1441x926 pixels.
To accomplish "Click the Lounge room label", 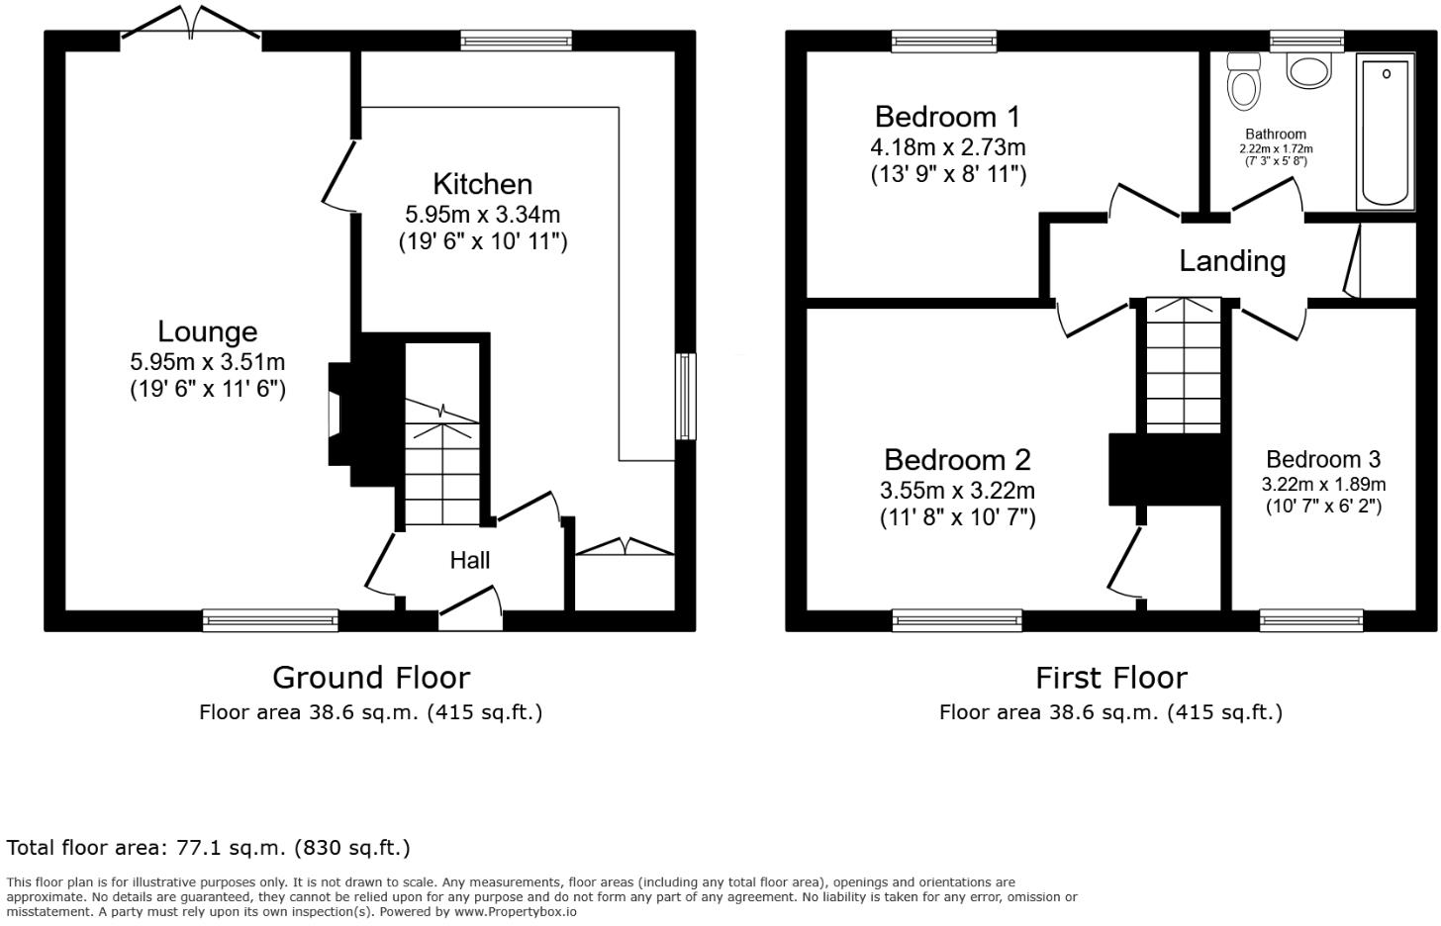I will (x=208, y=331).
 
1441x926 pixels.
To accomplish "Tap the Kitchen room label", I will (x=482, y=184).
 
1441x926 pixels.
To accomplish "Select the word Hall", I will (x=470, y=561).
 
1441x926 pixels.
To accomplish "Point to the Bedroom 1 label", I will (x=947, y=117).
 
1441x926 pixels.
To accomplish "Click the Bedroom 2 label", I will (x=957, y=460).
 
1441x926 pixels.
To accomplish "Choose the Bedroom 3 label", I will (x=1323, y=460).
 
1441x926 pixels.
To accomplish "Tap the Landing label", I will (x=1232, y=261).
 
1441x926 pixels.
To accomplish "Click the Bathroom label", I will (x=1276, y=135).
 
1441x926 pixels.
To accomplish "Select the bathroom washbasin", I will (x=1308, y=69).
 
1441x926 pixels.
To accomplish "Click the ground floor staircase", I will (x=442, y=465).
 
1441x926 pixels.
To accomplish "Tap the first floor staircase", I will (x=1184, y=366).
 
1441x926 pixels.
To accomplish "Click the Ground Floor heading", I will (x=371, y=678).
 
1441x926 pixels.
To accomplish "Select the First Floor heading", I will (x=1110, y=678).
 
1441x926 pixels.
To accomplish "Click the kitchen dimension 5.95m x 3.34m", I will (x=482, y=215).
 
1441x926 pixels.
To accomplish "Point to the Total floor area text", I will (x=208, y=848).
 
